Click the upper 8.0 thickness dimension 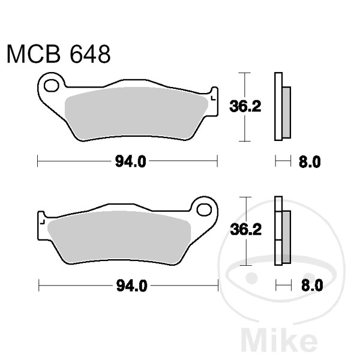310,161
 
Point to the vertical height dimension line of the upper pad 243,107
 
